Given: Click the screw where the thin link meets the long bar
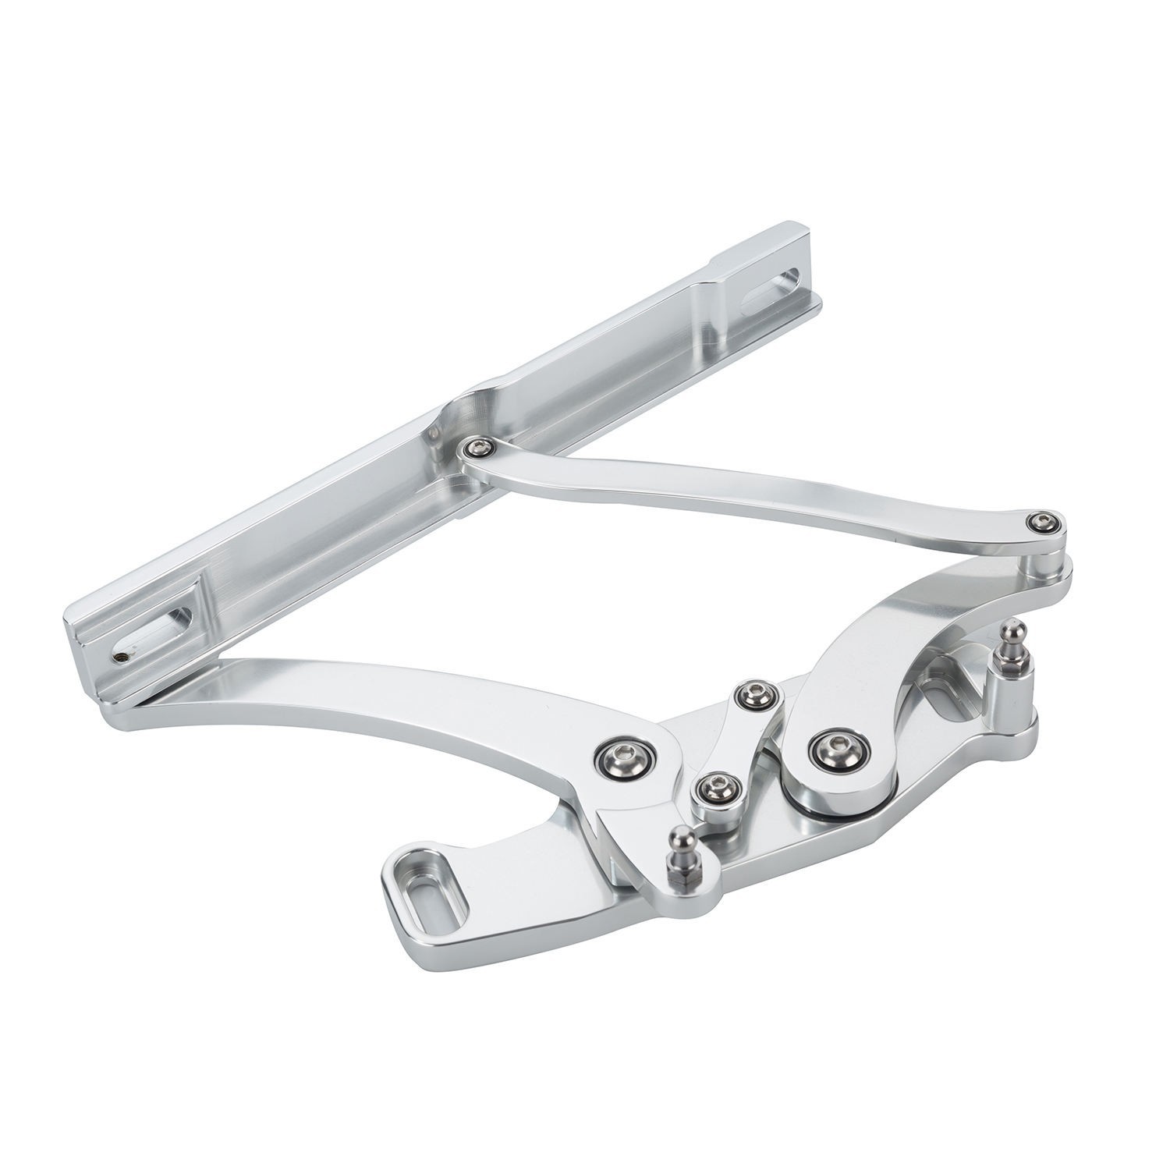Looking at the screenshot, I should pos(475,447).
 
